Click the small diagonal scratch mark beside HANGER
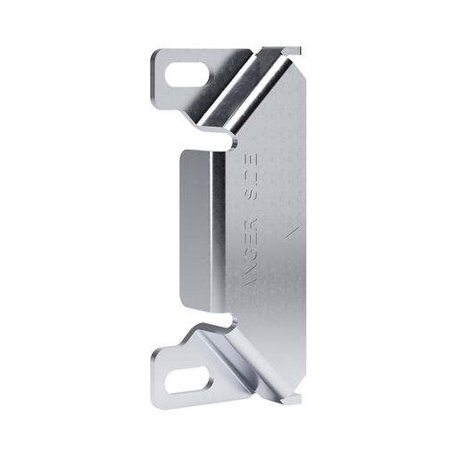[x=288, y=234]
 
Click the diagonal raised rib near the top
[x=237, y=84]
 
